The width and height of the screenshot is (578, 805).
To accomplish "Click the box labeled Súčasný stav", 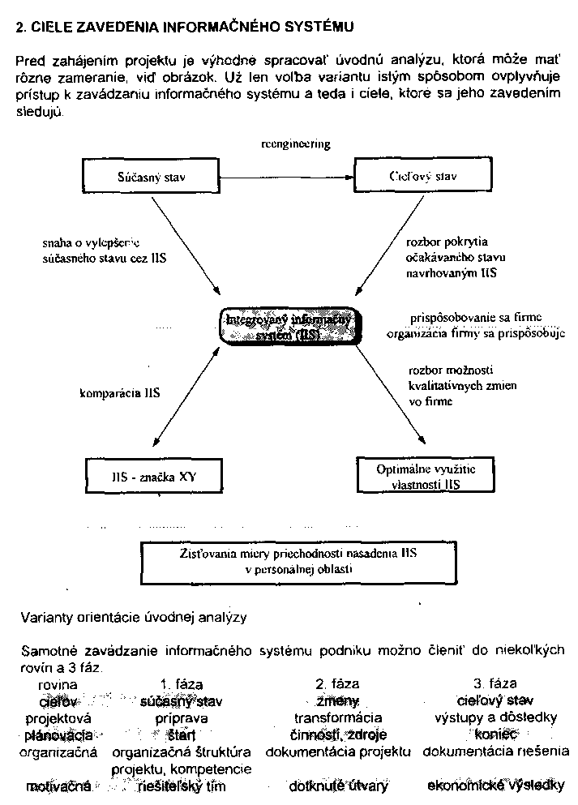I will coord(152,177).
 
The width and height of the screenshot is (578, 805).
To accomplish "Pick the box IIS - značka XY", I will coord(153,477).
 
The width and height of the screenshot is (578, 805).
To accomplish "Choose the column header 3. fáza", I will coord(494,684).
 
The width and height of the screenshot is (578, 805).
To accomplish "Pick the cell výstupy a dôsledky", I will coord(495,718).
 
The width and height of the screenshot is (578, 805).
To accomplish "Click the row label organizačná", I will coord(58,751).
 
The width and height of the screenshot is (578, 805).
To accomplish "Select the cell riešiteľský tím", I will coord(182,786).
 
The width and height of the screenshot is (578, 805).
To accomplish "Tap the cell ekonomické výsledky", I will coord(495,786).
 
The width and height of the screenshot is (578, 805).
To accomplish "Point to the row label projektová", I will coord(58,718).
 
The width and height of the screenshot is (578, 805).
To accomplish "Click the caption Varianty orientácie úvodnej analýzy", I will coord(133,618).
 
